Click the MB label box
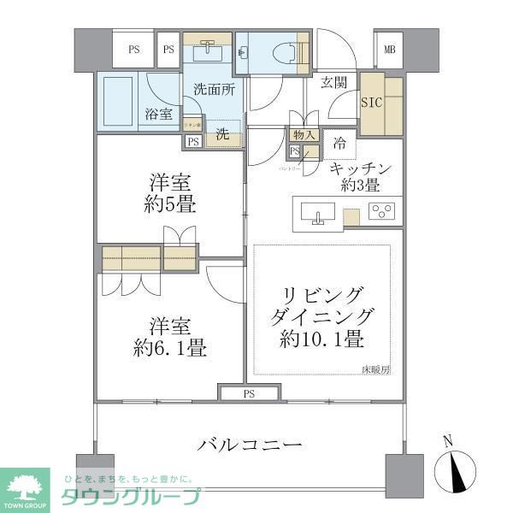tap(390, 49)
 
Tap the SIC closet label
tap(372, 102)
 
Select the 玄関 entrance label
tap(333, 83)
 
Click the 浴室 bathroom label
tap(156, 112)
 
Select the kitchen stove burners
tap(381, 211)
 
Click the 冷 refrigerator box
tap(340, 143)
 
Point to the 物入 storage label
tap(304, 135)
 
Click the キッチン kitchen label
tap(360, 168)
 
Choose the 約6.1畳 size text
tap(170, 348)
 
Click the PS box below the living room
tap(249, 393)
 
